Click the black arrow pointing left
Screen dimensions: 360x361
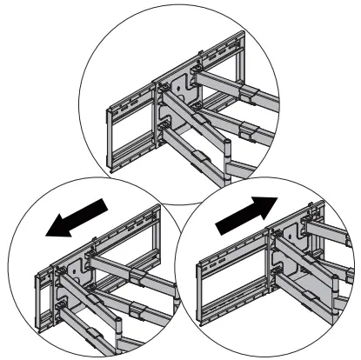[78, 217]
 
